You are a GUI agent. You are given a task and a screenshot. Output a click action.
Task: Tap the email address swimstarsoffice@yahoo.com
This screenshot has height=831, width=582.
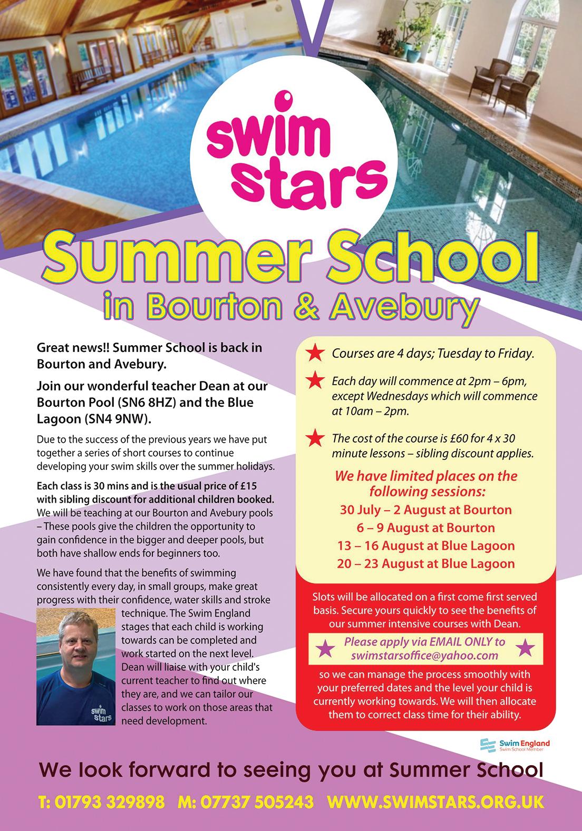(424, 655)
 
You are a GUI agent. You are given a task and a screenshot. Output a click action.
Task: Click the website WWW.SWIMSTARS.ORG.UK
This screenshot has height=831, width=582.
(435, 803)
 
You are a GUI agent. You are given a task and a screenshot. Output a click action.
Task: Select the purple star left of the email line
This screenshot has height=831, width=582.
(325, 648)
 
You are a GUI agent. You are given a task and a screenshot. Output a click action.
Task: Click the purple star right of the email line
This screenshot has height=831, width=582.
(525, 648)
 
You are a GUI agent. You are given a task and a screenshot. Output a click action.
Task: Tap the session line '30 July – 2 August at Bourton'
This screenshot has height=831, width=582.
(425, 510)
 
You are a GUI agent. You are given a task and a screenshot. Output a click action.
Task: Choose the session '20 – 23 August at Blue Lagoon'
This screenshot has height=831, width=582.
(425, 563)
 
